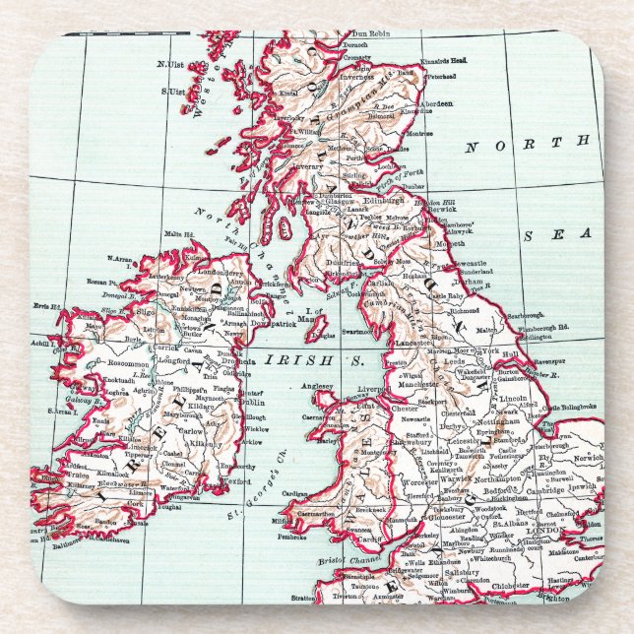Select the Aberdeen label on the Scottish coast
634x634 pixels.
pyautogui.click(x=436, y=101)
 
